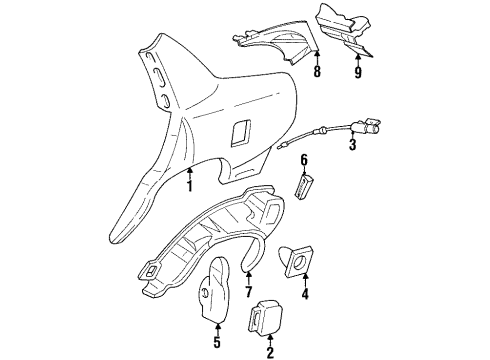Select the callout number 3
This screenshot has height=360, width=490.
[x=352, y=147]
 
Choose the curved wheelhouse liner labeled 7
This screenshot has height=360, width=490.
[x=200, y=250]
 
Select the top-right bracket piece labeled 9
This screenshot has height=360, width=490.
[x=340, y=30]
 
